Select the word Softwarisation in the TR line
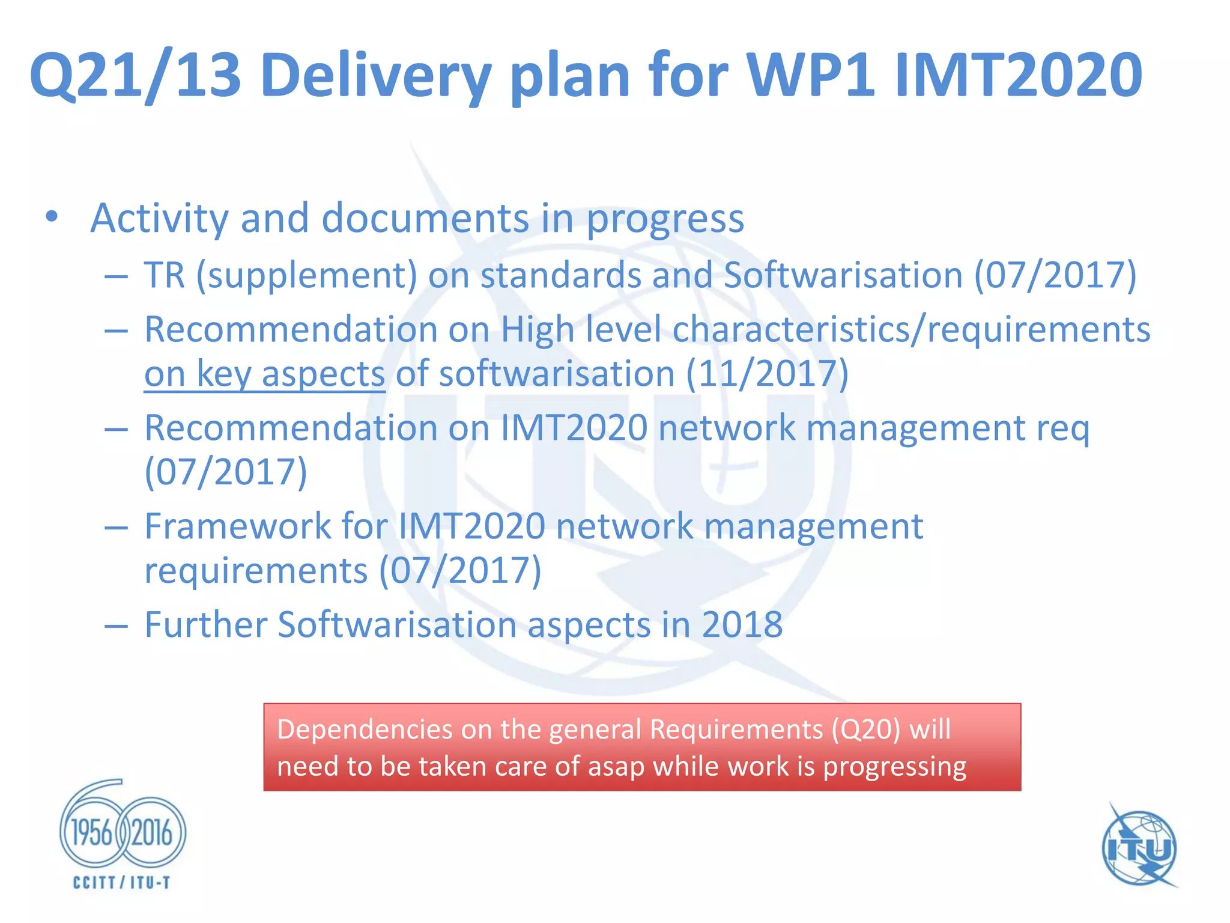pyautogui.click(x=843, y=275)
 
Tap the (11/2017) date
pyautogui.click(x=767, y=374)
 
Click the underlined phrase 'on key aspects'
pyautogui.click(x=264, y=374)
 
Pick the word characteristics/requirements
pyautogui.click(x=911, y=329)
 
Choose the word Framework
pyautogui.click(x=238, y=526)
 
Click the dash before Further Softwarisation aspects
pyautogui.click(x=116, y=626)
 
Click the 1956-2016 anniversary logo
pyautogui.click(x=123, y=831)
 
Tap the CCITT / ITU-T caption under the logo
pyautogui.click(x=122, y=882)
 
